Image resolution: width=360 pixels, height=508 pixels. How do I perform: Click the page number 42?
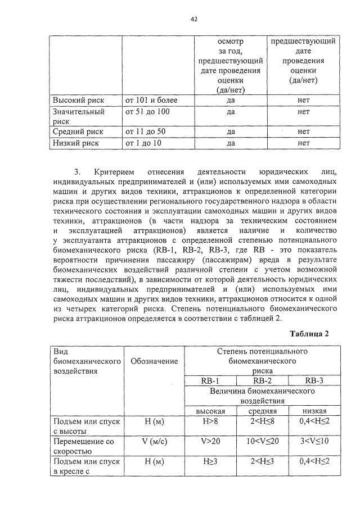pos(194,19)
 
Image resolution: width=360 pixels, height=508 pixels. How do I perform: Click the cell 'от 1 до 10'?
pos(143,143)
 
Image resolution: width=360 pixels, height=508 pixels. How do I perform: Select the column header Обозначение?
pos(154,361)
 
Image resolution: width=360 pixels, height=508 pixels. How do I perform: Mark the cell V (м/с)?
pos(154,442)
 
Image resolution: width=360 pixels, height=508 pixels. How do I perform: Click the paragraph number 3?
pos(78,170)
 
